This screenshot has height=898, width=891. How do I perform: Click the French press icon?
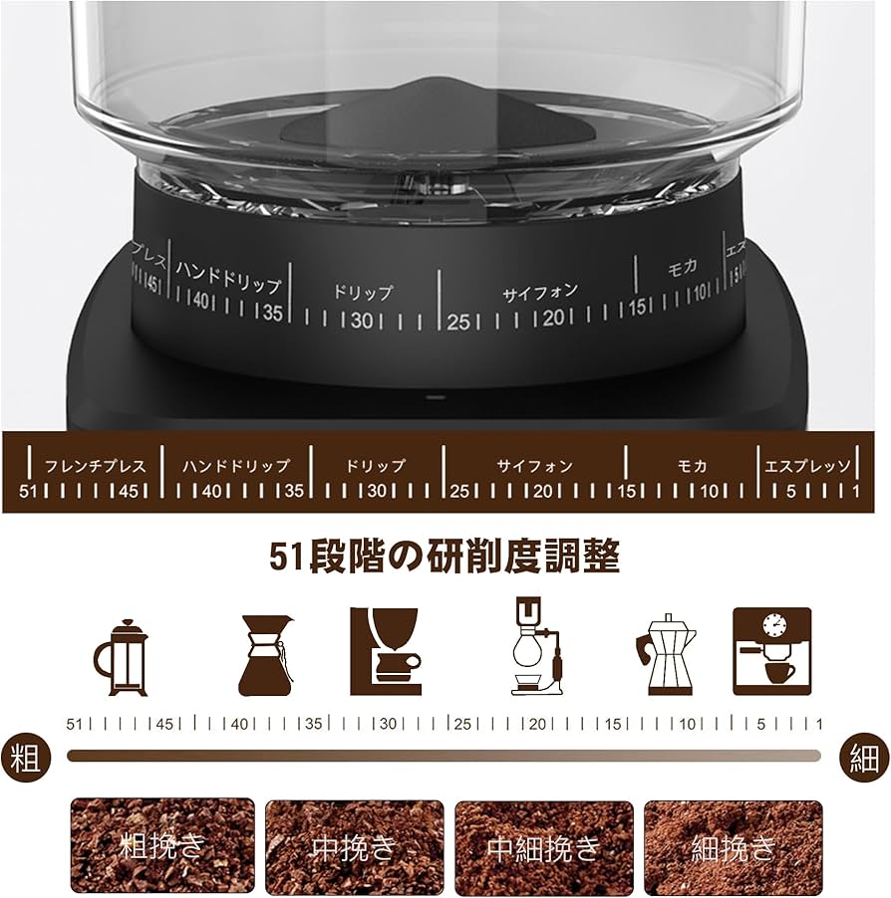(121, 658)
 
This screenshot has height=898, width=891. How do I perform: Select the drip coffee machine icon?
(386, 651)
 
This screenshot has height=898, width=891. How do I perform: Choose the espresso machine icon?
(771, 651)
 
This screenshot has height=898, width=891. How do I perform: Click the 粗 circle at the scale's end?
(25, 759)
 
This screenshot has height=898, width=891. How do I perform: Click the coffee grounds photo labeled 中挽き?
(354, 846)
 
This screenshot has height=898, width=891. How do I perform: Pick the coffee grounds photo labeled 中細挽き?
(544, 846)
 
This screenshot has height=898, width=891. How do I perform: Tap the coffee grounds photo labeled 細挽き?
(733, 846)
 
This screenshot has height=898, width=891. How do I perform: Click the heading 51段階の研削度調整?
(445, 556)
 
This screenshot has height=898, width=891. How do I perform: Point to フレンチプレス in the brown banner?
(95, 465)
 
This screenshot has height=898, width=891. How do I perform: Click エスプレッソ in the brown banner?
(807, 465)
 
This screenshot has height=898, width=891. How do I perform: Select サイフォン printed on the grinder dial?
(539, 293)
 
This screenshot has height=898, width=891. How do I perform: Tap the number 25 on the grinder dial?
(457, 322)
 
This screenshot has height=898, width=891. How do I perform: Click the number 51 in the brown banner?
(28, 491)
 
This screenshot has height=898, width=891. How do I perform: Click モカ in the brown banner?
(692, 465)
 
